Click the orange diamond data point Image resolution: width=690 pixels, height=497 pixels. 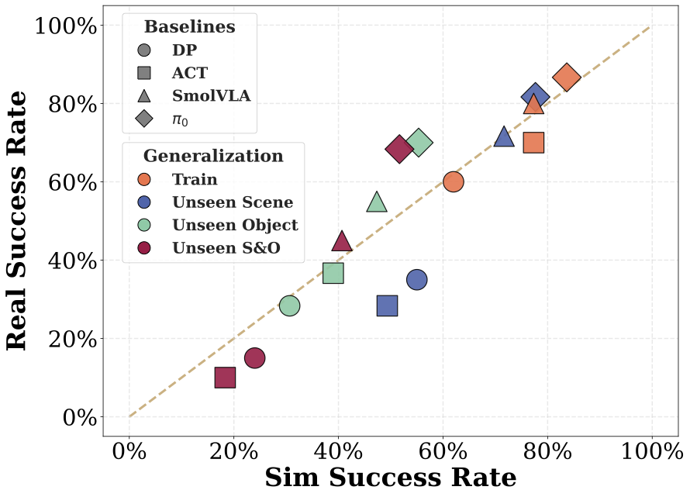[567, 78]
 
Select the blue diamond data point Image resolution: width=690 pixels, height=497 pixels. [535, 98]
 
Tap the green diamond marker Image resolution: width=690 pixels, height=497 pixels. [419, 142]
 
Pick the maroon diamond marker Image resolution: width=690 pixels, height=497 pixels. [398, 149]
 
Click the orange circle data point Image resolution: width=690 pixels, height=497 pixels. [454, 181]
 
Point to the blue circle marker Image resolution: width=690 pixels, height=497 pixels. [417, 280]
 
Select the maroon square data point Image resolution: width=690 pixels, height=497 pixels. [225, 378]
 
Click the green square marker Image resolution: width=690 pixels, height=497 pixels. [333, 273]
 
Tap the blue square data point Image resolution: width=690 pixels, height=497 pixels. [387, 305]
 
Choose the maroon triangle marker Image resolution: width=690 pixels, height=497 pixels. [342, 241]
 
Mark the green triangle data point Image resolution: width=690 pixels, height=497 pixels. [377, 202]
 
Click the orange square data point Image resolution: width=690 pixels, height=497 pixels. [533, 143]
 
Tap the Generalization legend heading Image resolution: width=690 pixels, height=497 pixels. [213, 156]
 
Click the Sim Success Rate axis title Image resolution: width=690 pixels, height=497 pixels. [390, 478]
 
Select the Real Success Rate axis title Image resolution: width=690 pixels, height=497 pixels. [17, 221]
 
